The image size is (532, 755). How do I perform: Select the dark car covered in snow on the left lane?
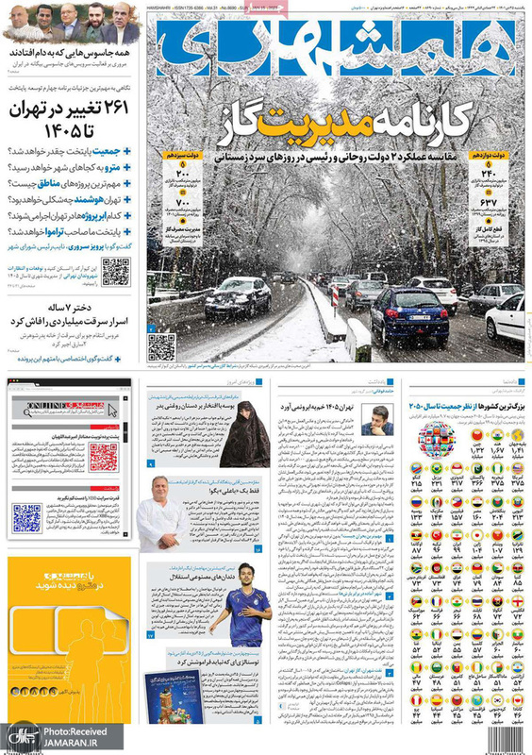(237, 298)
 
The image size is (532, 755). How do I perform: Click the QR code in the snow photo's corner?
(161, 347)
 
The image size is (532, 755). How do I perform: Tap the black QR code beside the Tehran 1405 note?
(115, 272)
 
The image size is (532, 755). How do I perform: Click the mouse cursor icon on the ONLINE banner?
(112, 410)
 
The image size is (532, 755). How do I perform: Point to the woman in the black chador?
(244, 437)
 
